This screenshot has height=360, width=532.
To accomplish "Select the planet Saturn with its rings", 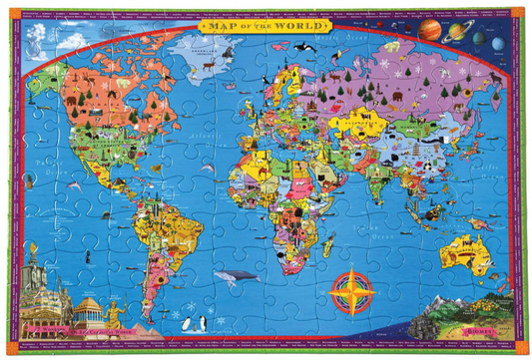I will click(x=458, y=31).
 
